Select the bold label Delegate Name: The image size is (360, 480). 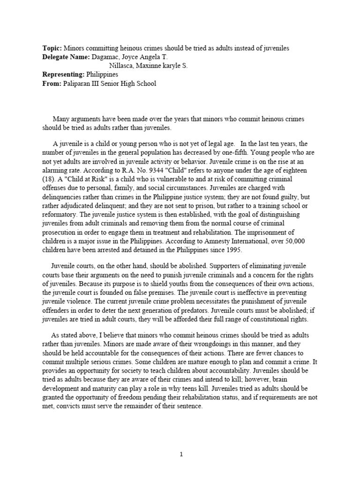point(65,57)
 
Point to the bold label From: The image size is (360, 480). point(51,84)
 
